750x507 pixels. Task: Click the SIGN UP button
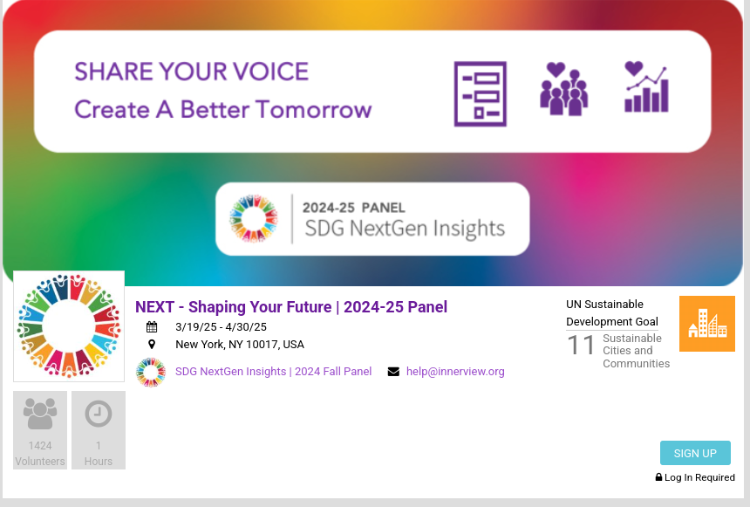(x=695, y=453)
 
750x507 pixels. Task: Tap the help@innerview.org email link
(x=455, y=372)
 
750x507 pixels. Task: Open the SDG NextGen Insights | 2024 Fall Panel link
(x=273, y=372)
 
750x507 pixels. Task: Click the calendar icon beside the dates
(x=152, y=327)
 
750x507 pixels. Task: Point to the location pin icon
(x=152, y=344)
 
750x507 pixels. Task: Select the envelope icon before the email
(x=393, y=372)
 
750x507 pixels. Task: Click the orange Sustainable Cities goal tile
(x=707, y=324)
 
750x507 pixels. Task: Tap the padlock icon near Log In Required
(x=658, y=476)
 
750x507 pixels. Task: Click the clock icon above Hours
(x=99, y=414)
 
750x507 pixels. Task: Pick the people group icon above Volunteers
(x=40, y=414)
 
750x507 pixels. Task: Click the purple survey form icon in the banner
(x=481, y=94)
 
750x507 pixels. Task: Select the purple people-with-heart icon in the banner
(x=564, y=89)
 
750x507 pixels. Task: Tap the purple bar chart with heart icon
(x=646, y=87)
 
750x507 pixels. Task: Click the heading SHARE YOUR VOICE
(x=191, y=72)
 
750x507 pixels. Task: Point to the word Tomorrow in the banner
(x=313, y=110)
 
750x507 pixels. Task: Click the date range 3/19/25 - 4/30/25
(x=221, y=327)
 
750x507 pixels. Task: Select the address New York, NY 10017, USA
(x=240, y=344)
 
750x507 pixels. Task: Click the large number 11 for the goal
(x=581, y=346)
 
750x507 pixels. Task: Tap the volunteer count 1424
(x=40, y=446)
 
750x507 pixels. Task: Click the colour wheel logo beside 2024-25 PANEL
(x=254, y=218)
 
